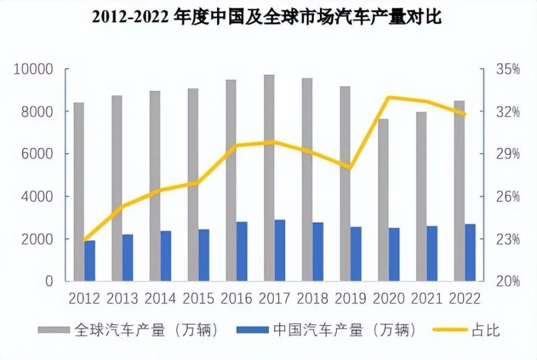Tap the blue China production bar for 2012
coord(89,261)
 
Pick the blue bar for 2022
coord(470,253)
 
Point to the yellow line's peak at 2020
coord(389,97)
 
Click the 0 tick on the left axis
coord(49,281)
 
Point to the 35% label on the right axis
coord(507,69)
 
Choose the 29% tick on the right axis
coord(507,154)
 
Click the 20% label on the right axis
coord(507,281)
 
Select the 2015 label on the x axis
coord(198,298)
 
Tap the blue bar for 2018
coord(318,251)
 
